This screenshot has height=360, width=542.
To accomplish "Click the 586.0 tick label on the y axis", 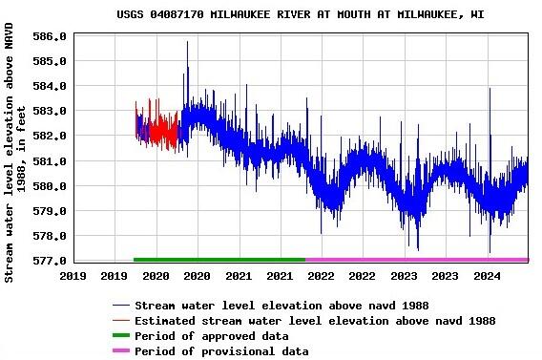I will click(49, 36).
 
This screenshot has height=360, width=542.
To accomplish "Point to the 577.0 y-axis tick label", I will click(49, 261).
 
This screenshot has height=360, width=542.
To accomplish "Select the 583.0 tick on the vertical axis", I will click(49, 111).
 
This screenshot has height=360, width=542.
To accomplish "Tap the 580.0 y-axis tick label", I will click(49, 186).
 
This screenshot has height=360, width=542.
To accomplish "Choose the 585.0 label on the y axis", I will click(49, 61).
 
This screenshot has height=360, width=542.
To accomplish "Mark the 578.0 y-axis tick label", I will click(49, 236).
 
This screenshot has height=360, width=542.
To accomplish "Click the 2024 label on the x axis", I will click(488, 276).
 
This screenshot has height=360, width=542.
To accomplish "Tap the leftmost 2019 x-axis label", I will click(73, 276).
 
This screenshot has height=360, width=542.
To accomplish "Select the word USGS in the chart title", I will click(130, 15).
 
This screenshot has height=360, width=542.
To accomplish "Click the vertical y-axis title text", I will click(14, 153).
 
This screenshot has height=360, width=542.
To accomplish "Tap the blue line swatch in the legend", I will click(120, 306).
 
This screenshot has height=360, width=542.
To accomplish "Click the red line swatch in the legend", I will click(120, 321).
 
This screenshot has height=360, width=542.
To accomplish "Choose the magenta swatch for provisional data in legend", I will click(120, 351).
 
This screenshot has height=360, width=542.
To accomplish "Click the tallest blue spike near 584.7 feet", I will click(187, 69).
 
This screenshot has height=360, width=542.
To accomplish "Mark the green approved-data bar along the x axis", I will click(219, 259).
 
